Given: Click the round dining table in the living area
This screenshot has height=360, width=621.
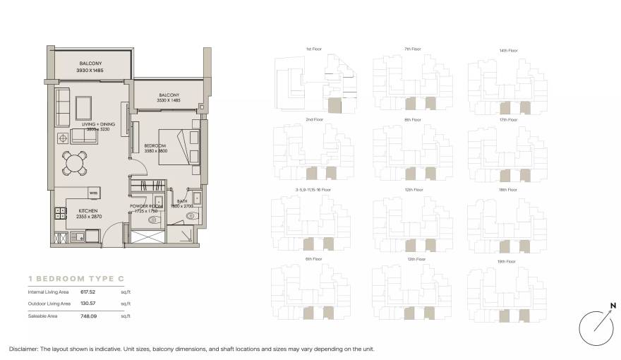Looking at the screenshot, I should pos(75,163).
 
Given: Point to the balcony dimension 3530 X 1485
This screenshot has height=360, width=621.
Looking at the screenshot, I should pos(169,101).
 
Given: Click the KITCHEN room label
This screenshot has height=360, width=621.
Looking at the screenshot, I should pos(88,210).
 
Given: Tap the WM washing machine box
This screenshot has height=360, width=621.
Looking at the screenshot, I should pos(93,192).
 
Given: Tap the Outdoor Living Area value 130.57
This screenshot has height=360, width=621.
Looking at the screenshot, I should pos(88,303).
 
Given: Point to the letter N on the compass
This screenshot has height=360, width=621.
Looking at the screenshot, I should pos(613,305).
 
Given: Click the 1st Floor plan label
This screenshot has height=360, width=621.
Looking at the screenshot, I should pos(314,49).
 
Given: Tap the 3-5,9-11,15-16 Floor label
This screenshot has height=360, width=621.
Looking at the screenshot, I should pos(313,190).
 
